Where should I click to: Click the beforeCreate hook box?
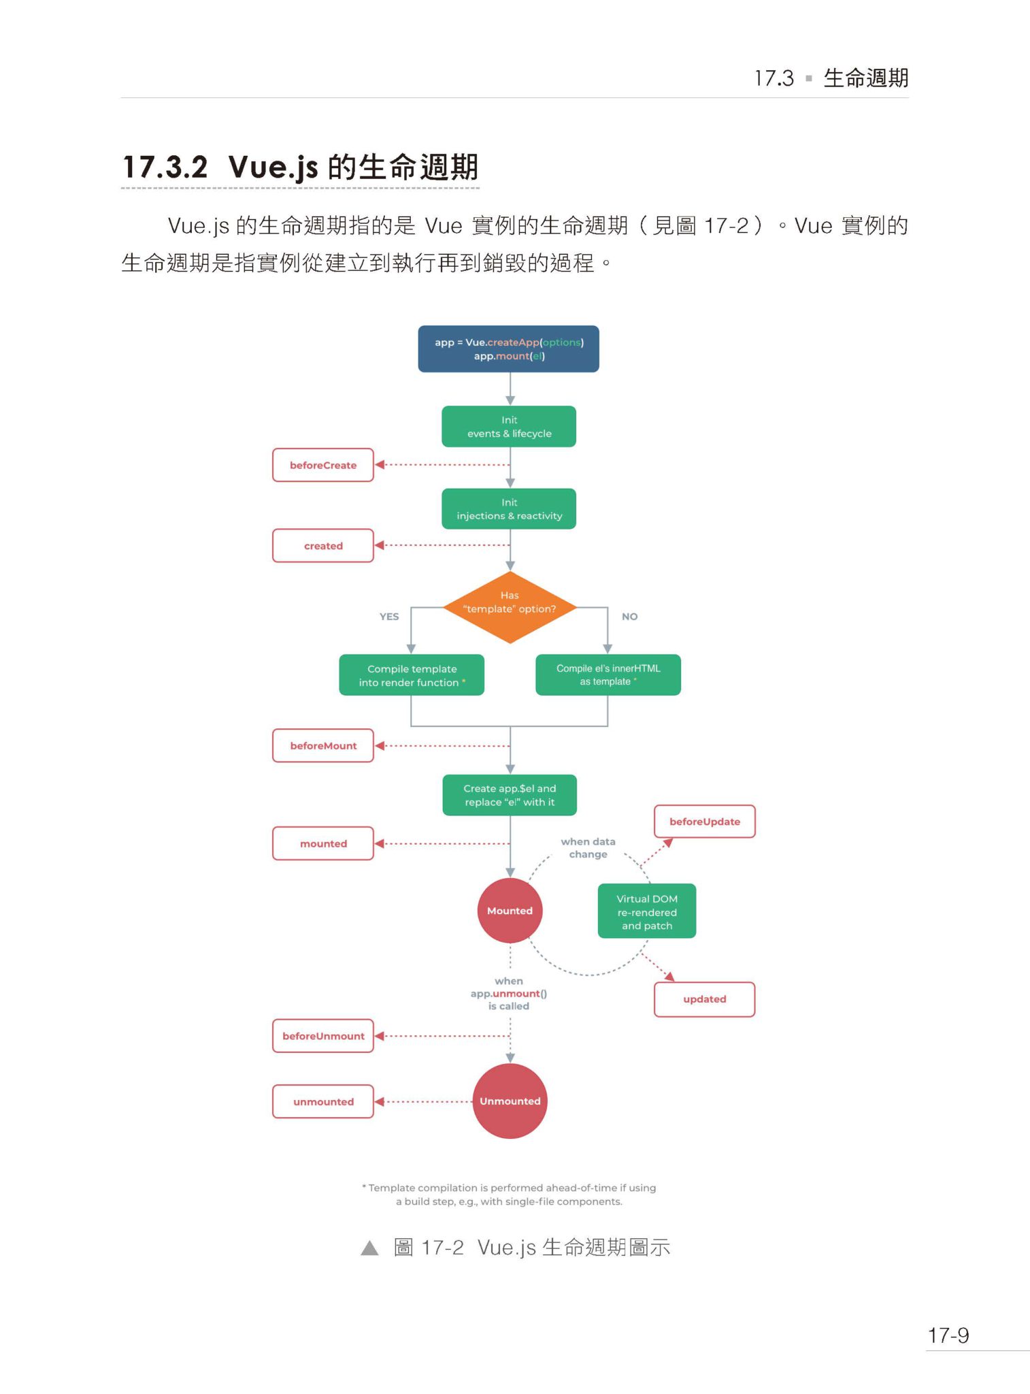(323, 465)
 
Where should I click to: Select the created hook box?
(323, 545)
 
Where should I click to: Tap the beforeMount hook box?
(323, 745)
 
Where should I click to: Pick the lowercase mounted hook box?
(323, 843)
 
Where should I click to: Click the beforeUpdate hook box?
(704, 822)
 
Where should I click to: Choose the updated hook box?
(704, 999)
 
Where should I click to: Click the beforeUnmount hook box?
(323, 1036)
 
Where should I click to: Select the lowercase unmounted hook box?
(323, 1101)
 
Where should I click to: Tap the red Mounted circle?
(510, 911)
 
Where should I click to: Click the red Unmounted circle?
(510, 1101)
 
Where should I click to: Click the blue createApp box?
(508, 349)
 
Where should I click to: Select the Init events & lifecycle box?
(509, 427)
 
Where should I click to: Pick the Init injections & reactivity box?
(509, 509)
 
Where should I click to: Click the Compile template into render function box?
(412, 675)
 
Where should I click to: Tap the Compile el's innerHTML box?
(608, 675)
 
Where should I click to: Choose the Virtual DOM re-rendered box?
(646, 911)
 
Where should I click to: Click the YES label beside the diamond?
(389, 617)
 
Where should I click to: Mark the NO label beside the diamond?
(629, 617)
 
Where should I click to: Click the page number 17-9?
(948, 1335)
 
